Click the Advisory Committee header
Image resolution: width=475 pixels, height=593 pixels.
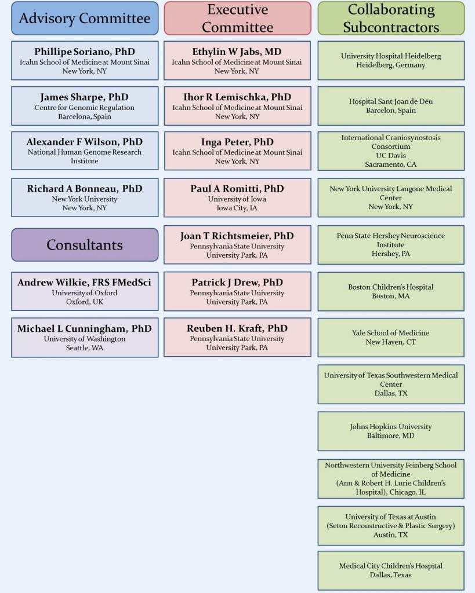pos(85,18)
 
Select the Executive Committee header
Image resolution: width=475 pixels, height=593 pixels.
pos(237,18)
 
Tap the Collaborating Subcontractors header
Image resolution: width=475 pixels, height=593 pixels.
pos(391,18)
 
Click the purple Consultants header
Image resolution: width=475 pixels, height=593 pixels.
pos(85,244)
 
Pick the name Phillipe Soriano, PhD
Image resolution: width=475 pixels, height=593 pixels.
pos(85,52)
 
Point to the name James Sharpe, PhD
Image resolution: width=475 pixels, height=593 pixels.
pos(85,97)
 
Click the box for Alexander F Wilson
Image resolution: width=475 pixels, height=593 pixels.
pos(85,151)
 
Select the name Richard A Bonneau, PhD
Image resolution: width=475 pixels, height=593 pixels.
pos(85,189)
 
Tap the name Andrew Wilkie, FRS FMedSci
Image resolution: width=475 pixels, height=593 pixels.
pos(85,283)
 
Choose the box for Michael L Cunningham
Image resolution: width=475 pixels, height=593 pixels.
pos(85,338)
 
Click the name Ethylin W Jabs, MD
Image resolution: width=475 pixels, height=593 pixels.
pos(237,52)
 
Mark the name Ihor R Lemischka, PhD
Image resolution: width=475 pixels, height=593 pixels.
pos(237,97)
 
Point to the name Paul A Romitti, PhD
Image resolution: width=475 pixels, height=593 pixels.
pos(237,189)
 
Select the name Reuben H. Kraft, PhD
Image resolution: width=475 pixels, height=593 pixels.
pos(237,328)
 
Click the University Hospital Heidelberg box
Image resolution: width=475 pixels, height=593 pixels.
pos(391,60)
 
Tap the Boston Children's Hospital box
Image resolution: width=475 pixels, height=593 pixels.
pos(391,291)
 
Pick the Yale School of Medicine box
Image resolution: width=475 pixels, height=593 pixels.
pos(391,337)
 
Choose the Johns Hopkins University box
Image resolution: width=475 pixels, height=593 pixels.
pos(391,431)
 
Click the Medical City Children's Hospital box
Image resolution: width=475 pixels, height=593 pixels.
pos(391,570)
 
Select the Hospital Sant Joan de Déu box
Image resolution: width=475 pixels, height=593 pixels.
pos(391,106)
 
